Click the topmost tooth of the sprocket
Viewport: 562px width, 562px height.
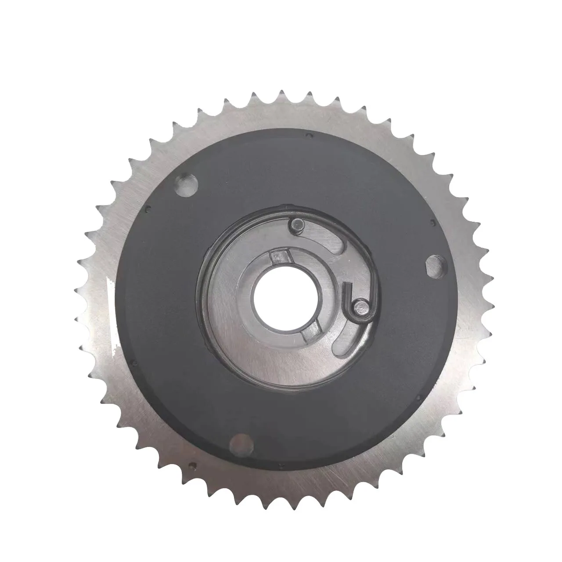281,94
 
